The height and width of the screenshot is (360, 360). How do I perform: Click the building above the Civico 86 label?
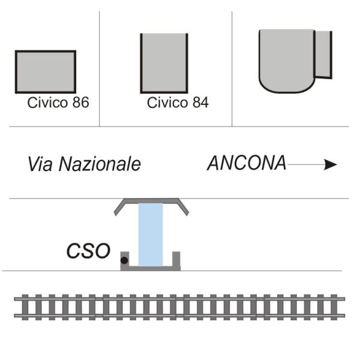pyautogui.click(x=46, y=71)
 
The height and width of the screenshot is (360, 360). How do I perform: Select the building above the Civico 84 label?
pyautogui.click(x=164, y=64)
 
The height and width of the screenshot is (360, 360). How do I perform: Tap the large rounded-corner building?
pyautogui.click(x=287, y=61)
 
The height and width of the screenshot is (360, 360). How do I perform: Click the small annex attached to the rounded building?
pyautogui.click(x=323, y=55)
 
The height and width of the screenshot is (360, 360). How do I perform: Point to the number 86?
pyautogui.click(x=80, y=103)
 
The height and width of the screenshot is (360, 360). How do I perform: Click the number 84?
pyautogui.click(x=200, y=103)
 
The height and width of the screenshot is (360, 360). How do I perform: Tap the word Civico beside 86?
pyautogui.click(x=49, y=103)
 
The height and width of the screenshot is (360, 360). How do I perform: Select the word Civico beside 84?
pyautogui.click(x=168, y=103)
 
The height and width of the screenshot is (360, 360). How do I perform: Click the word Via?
pyautogui.click(x=40, y=164)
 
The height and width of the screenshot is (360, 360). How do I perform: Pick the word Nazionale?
pyautogui.click(x=100, y=164)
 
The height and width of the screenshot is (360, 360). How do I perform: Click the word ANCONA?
pyautogui.click(x=247, y=163)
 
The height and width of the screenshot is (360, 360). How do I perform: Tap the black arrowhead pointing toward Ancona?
pyautogui.click(x=330, y=164)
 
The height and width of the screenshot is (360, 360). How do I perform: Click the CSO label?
pyautogui.click(x=88, y=251)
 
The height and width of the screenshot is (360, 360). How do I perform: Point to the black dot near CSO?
pyautogui.click(x=124, y=260)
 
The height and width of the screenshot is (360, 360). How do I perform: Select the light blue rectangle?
pyautogui.click(x=151, y=235)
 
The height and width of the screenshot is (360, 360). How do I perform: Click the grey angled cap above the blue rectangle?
pyautogui.click(x=152, y=201)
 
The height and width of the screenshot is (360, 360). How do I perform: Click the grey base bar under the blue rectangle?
pyautogui.click(x=151, y=268)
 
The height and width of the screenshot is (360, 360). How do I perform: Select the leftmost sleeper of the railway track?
pyautogui.click(x=25, y=307)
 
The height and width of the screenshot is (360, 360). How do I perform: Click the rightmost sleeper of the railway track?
pyautogui.click(x=334, y=307)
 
